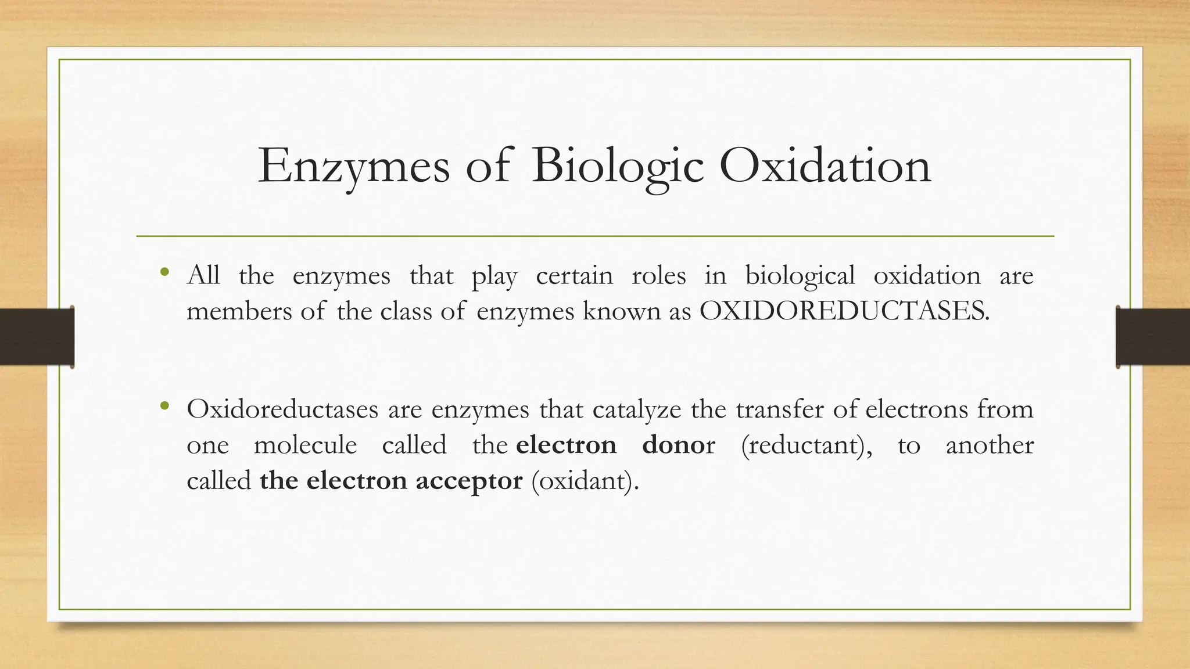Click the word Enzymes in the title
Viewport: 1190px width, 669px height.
353,167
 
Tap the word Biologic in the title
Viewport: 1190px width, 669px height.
617,167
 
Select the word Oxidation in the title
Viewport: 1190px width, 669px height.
825,167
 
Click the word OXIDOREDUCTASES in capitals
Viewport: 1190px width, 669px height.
844,311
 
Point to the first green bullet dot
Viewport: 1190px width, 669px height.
165,271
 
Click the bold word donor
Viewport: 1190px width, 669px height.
678,445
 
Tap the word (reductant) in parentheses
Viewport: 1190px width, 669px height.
807,445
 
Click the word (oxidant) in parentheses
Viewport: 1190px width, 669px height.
585,481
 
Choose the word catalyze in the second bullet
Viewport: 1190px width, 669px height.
637,410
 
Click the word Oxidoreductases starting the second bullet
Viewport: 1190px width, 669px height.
282,410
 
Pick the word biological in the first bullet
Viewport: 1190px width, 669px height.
800,276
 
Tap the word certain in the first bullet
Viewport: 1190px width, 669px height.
574,276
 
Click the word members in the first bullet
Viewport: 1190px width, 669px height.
239,311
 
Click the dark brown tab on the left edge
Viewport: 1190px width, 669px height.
37,337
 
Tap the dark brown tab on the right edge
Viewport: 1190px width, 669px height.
1153,337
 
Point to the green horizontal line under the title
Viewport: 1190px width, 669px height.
595,236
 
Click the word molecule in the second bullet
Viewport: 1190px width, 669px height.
306,445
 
